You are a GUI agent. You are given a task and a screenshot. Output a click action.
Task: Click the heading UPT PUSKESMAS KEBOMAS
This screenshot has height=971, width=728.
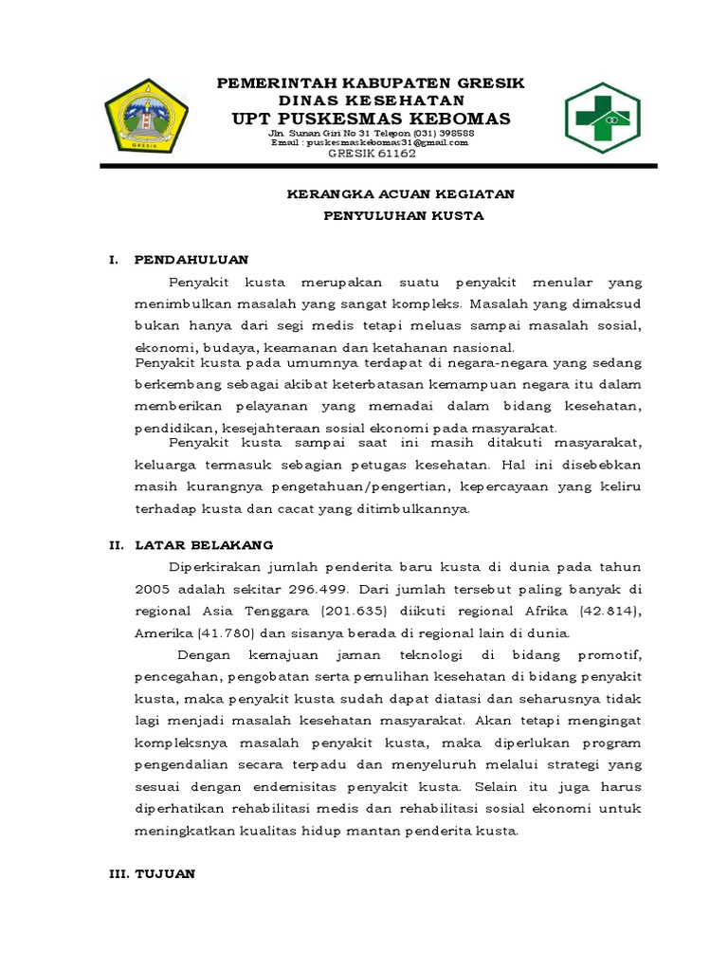tap(372, 119)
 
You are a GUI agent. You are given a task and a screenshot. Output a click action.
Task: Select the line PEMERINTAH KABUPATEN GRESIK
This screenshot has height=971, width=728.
tap(371, 83)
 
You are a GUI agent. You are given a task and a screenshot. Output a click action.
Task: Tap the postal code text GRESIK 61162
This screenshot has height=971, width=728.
tap(372, 154)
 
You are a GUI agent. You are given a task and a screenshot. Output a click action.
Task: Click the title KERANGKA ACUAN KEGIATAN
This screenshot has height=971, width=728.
tap(400, 193)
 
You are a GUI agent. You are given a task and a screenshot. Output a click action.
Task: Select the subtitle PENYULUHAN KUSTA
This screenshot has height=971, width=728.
tap(403, 215)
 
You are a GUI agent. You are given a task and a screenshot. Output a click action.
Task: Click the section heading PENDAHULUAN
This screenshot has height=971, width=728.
tap(191, 259)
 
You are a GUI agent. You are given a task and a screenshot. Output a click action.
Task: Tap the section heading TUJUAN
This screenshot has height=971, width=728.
tap(166, 874)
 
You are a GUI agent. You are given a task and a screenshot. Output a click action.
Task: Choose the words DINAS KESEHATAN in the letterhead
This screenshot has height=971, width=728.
tap(371, 101)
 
